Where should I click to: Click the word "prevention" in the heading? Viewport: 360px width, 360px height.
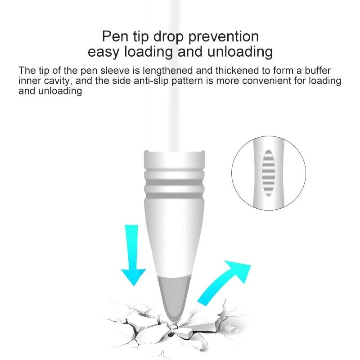pos(223,37)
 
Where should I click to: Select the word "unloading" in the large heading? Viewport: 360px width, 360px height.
pos(240,52)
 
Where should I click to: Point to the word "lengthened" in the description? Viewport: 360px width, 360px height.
pos(167,71)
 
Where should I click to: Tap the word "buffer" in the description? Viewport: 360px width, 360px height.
pos(318,70)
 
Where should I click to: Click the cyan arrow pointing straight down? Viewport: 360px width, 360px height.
pos(133,255)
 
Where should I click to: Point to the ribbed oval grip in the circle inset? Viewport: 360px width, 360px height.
pos(268,173)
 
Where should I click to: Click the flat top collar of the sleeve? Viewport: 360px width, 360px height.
pos(174,160)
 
